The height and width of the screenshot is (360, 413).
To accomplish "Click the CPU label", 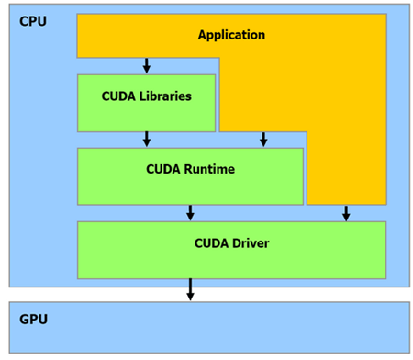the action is point(33,21).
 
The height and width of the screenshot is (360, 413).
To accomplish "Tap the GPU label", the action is point(33,319).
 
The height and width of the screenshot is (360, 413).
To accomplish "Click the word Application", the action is point(231,35).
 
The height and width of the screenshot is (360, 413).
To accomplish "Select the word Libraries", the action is point(165,96).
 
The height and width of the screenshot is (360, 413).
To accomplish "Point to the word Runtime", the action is point(209,169).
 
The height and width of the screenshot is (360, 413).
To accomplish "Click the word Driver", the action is point(251,243).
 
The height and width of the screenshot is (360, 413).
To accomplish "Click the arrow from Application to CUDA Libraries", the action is point(147,65).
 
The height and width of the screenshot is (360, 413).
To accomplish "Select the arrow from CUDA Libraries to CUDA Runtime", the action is point(147,139).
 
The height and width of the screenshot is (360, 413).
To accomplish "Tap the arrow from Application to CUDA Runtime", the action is point(263,140).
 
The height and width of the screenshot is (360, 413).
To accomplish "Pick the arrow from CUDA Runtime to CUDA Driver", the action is point(190,213).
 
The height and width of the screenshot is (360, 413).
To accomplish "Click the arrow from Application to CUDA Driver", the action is point(346,213).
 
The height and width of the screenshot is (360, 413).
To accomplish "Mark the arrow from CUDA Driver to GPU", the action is point(190,289).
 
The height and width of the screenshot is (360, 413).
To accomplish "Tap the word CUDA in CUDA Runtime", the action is point(163,169).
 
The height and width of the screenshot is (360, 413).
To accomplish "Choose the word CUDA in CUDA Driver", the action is point(212,243).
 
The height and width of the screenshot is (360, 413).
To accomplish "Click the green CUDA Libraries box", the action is point(147,104).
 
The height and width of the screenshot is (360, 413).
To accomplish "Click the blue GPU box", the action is point(209,328).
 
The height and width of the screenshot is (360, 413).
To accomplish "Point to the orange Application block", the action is point(347,122).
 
